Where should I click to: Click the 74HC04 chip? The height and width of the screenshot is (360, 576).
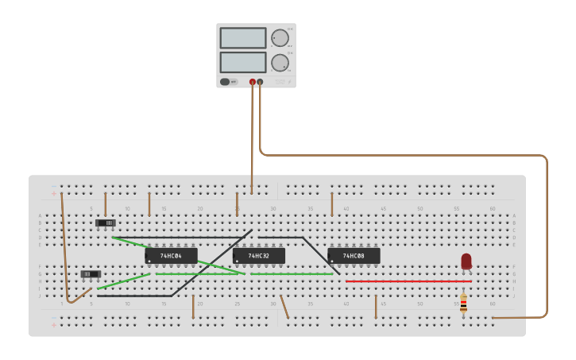(171, 256)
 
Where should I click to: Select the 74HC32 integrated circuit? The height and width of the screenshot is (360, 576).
(258, 256)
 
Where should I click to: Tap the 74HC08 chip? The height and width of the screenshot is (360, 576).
(354, 256)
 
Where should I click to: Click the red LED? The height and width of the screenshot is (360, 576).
(466, 261)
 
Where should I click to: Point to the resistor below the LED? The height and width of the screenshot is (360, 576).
(463, 304)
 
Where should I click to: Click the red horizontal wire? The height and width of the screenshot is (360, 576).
(408, 281)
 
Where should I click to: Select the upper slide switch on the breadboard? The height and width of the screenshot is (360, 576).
(106, 223)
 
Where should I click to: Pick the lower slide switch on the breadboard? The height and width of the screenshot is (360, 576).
(91, 274)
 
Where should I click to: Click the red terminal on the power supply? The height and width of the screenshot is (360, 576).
(253, 82)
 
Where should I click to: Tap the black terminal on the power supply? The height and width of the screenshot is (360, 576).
(260, 82)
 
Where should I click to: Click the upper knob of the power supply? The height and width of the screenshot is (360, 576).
(280, 38)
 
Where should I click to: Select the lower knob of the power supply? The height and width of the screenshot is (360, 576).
(280, 63)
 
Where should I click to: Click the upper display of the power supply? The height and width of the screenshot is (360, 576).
(242, 38)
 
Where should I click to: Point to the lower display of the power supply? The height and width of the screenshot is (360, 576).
(242, 62)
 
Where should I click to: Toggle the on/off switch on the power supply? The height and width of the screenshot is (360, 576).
(225, 82)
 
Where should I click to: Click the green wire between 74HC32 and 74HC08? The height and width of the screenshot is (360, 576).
(292, 274)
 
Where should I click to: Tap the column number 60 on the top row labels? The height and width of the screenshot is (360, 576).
(492, 209)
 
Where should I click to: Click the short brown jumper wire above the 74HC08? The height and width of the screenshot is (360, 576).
(332, 203)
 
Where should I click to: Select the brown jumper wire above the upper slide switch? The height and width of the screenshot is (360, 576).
(105, 203)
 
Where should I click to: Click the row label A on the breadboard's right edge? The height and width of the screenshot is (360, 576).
(514, 215)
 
